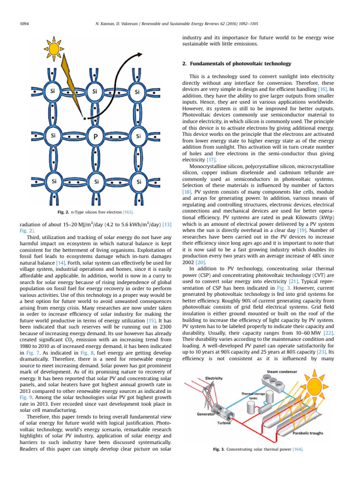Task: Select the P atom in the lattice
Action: coord(96,136)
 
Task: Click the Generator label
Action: coord(205,414)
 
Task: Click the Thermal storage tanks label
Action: coord(253,396)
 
